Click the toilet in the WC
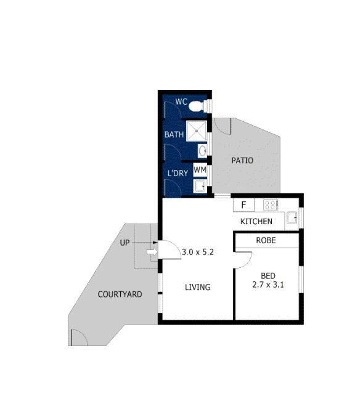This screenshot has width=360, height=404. tap(197, 106)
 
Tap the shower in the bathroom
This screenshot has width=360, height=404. tap(197, 131)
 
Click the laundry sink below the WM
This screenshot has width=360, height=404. tap(200, 185)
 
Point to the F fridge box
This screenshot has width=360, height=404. tap(243, 205)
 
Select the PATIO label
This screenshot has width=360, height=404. tap(242, 161)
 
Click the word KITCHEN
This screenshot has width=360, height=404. tap(256, 222)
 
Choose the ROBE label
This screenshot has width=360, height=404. tap(266, 240)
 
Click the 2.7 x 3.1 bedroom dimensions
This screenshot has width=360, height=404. tap(268, 285)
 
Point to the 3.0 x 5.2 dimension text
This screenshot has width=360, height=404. tap(197, 251)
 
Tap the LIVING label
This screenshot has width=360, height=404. tap(198, 287)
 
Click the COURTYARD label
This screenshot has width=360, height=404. tap(120, 294)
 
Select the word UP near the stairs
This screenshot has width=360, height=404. tap(125, 243)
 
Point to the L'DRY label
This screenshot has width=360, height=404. tap(178, 174)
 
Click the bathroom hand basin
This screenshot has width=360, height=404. tap(202, 150)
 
